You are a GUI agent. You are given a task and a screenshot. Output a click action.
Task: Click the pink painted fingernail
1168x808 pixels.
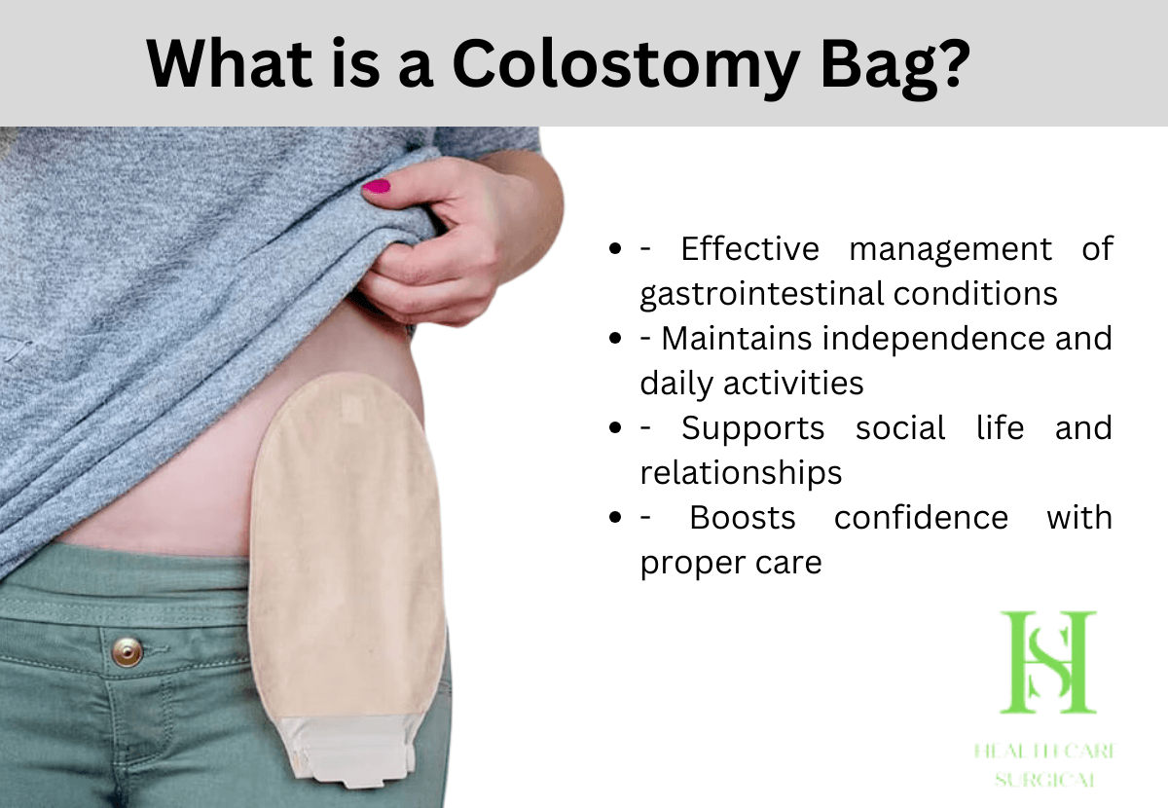[x=377, y=186]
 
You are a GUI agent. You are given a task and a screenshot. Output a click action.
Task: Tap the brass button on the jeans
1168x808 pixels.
[x=127, y=651]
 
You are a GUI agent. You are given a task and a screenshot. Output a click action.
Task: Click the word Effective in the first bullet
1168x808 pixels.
[x=749, y=249]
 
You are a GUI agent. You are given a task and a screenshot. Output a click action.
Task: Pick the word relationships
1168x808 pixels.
[x=740, y=473]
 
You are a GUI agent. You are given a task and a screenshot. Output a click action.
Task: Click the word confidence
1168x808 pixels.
[x=921, y=518]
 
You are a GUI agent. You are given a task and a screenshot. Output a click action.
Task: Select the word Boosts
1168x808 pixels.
[x=742, y=518]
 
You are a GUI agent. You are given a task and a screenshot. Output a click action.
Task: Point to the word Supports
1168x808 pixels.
[x=752, y=428]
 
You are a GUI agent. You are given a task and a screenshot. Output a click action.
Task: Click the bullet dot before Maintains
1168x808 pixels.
[x=615, y=340]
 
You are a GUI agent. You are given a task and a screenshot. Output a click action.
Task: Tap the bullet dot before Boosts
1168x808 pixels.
[x=615, y=519]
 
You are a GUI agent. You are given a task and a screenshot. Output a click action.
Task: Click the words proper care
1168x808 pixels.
[x=730, y=563]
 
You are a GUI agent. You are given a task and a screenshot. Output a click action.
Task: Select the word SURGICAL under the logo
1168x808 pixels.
[x=1047, y=780]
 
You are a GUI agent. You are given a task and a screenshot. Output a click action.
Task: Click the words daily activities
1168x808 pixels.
[x=751, y=384]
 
